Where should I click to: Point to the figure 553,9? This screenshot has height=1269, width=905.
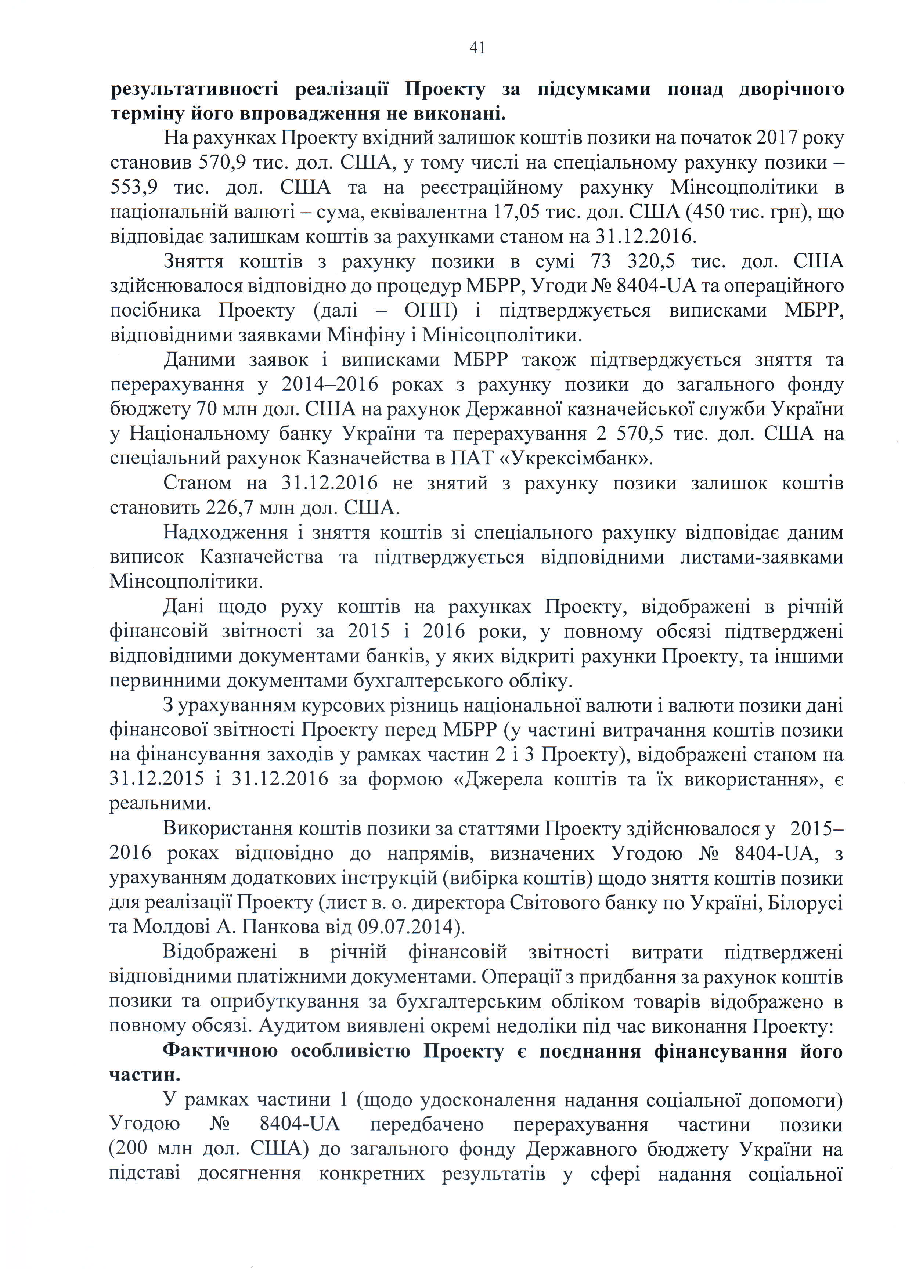pyautogui.click(x=134, y=187)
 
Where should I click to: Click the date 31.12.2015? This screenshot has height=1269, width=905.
pyautogui.click(x=157, y=778)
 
